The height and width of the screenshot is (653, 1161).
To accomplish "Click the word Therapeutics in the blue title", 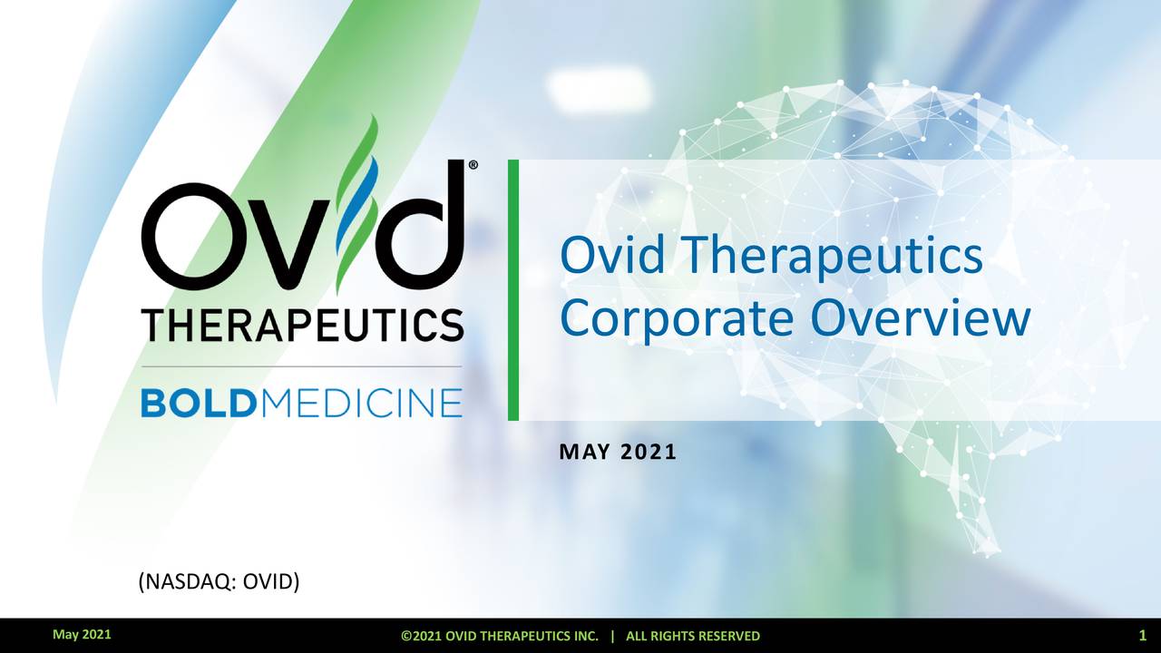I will click(x=829, y=258).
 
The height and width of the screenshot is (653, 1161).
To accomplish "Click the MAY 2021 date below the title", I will click(x=619, y=452).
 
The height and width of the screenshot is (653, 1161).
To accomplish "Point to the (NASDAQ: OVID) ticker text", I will click(x=218, y=580).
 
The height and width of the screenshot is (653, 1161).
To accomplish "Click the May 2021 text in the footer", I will click(x=82, y=635).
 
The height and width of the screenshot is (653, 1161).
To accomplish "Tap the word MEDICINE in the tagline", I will click(x=361, y=402).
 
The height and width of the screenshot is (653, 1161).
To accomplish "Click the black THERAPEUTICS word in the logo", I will click(x=302, y=325).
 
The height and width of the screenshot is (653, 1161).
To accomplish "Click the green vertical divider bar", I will click(x=513, y=290).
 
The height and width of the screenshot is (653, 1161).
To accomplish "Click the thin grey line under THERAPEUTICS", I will click(x=302, y=366).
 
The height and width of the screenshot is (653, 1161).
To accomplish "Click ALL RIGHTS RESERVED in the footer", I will click(x=693, y=636).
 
